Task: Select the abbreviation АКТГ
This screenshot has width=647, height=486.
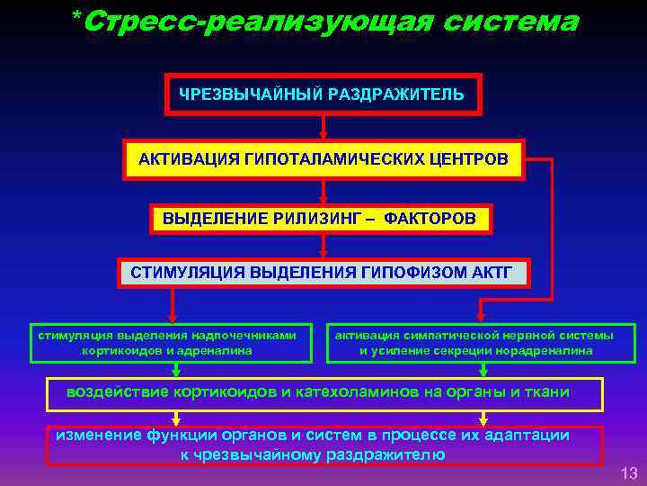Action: pos(491,272)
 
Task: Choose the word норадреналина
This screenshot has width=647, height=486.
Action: pos(549,350)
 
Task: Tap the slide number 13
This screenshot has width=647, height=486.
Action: pos(628,473)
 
